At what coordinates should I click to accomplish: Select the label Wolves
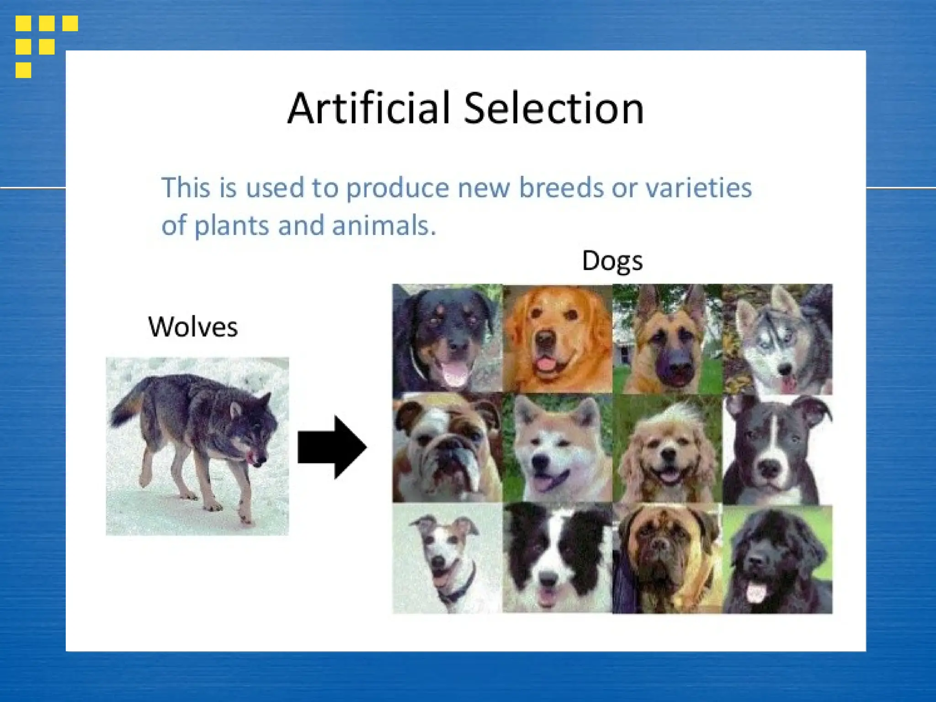tap(193, 327)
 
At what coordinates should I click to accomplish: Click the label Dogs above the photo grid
tap(612, 261)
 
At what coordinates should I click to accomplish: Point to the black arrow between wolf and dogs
tap(332, 447)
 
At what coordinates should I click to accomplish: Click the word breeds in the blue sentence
tap(561, 188)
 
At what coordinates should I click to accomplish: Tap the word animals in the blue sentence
tap(384, 226)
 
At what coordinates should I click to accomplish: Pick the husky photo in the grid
tap(777, 339)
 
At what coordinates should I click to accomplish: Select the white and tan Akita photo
tap(557, 448)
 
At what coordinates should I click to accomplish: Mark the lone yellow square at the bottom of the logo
tap(23, 70)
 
